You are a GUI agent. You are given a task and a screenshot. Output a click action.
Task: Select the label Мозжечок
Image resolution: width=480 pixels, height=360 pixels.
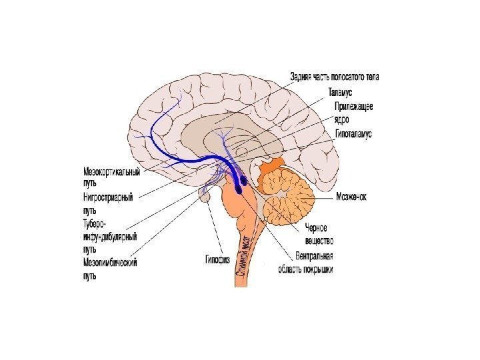click(x=351, y=197)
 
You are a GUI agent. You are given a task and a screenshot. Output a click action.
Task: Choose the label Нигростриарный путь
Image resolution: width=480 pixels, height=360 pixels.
click(x=108, y=203)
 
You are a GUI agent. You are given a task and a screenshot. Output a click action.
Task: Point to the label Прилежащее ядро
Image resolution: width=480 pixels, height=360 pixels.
click(x=353, y=113)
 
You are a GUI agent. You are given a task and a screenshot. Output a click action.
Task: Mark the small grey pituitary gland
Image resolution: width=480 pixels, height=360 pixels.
click(x=206, y=195)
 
